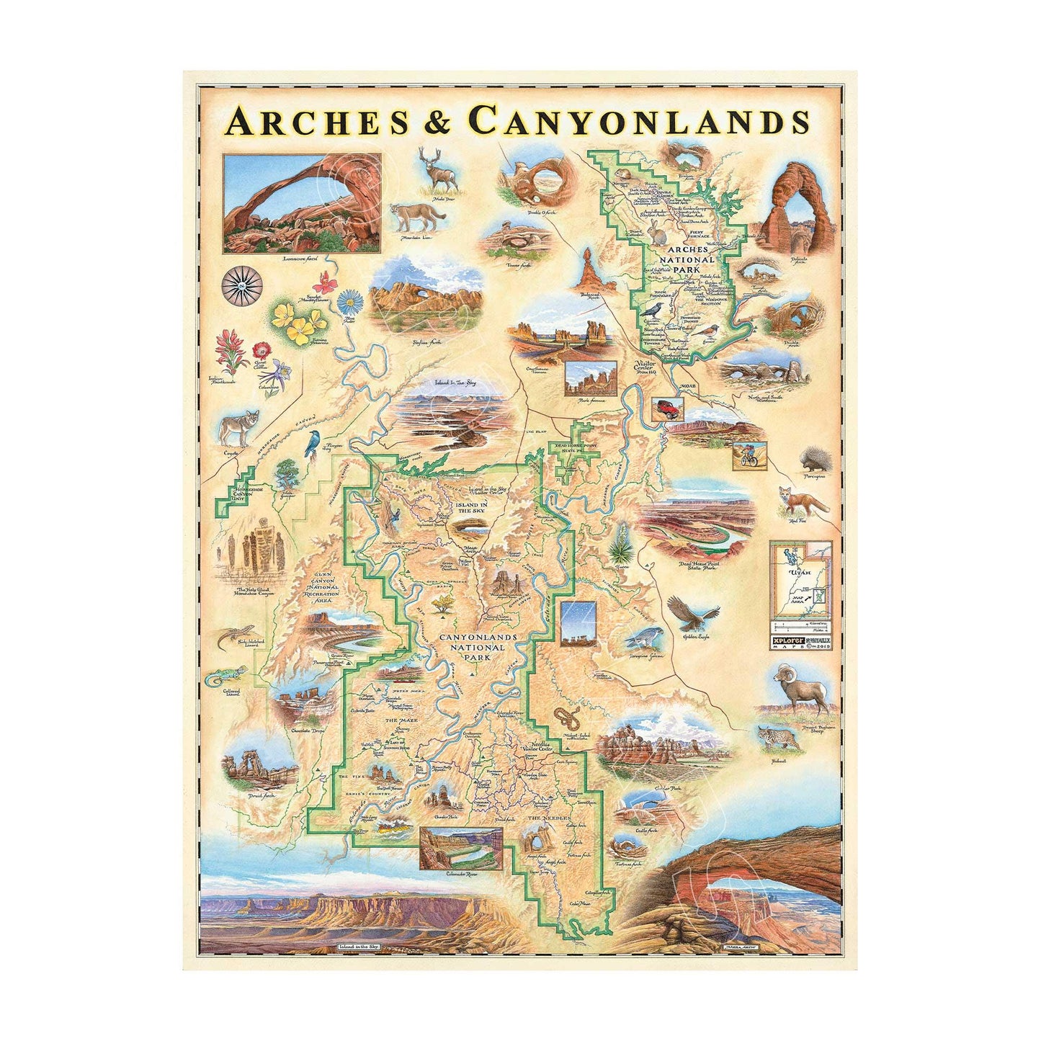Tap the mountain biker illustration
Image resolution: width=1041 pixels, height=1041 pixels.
[749, 456]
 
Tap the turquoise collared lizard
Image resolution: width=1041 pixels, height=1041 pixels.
[221, 677]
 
